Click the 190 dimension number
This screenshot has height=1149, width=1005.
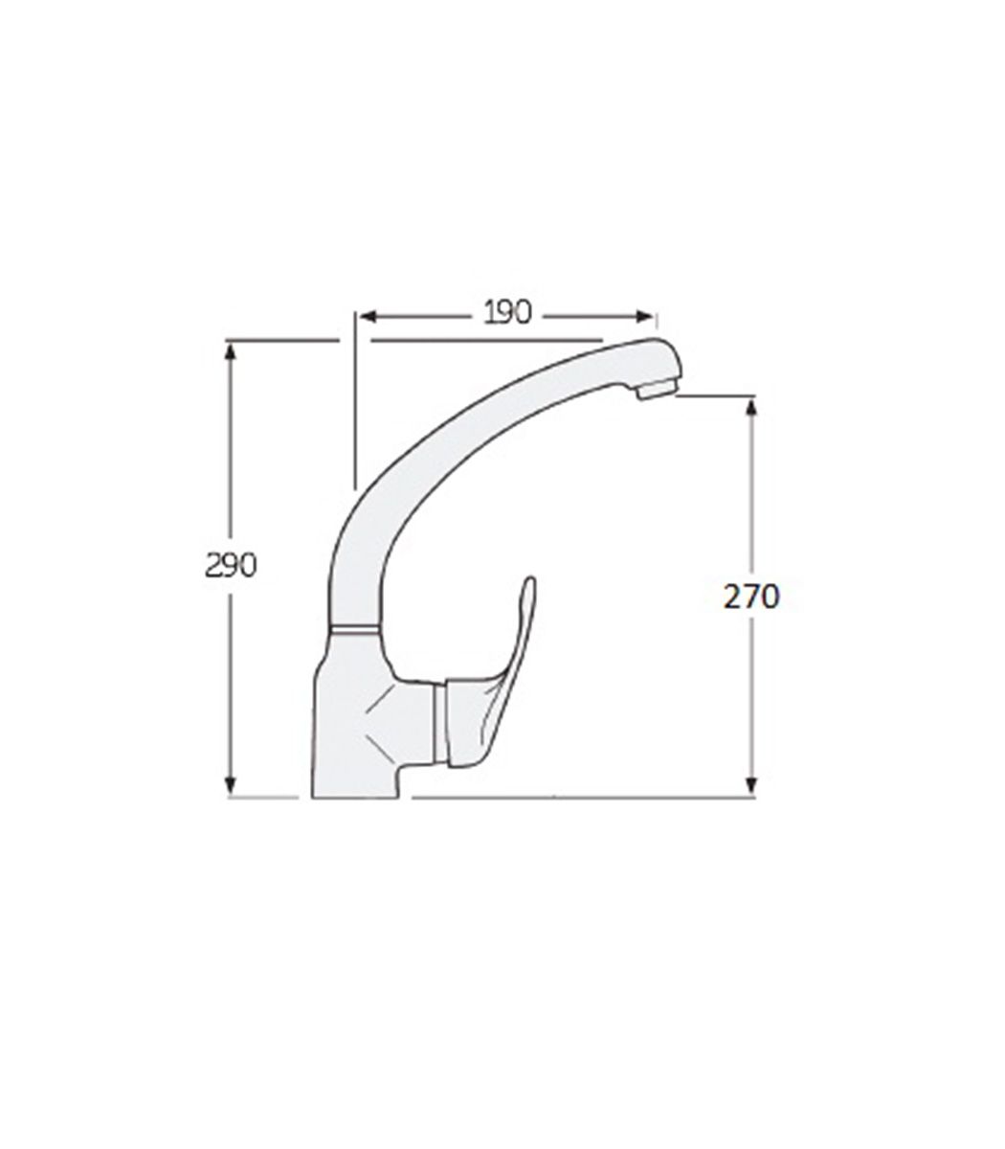coord(507,313)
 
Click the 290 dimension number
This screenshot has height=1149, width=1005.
coord(231,566)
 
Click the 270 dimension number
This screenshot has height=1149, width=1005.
coord(751,597)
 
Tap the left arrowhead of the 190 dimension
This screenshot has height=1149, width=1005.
coord(368,317)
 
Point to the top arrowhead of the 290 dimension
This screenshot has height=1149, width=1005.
coord(230,351)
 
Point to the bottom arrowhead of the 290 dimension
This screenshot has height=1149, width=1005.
coord(230,785)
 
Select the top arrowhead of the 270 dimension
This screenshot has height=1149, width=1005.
coord(751,407)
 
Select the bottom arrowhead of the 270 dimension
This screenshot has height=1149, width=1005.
coord(751,785)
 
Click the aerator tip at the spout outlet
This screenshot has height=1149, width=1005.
coord(657,389)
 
